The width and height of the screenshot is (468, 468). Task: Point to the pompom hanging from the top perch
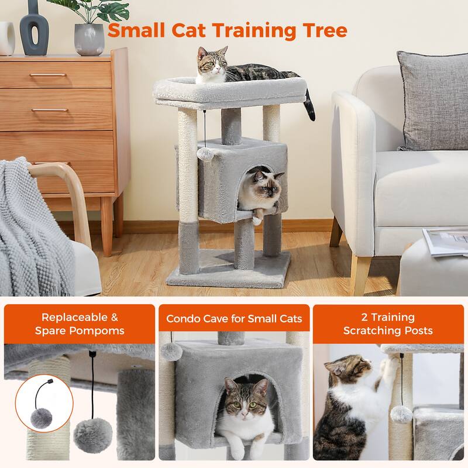click(x=204, y=153)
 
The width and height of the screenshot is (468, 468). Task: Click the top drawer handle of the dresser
click(x=49, y=75)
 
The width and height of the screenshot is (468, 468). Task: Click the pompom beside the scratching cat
click(x=402, y=414)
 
